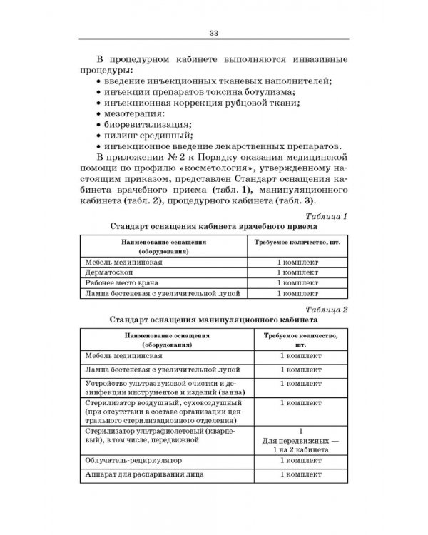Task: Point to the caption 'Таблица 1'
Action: tap(325, 216)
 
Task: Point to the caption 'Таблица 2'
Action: tap(325, 309)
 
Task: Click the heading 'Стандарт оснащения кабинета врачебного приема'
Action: tap(213, 227)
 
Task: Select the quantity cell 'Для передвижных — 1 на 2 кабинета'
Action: tap(302, 446)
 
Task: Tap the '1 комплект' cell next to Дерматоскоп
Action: tap(302, 272)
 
